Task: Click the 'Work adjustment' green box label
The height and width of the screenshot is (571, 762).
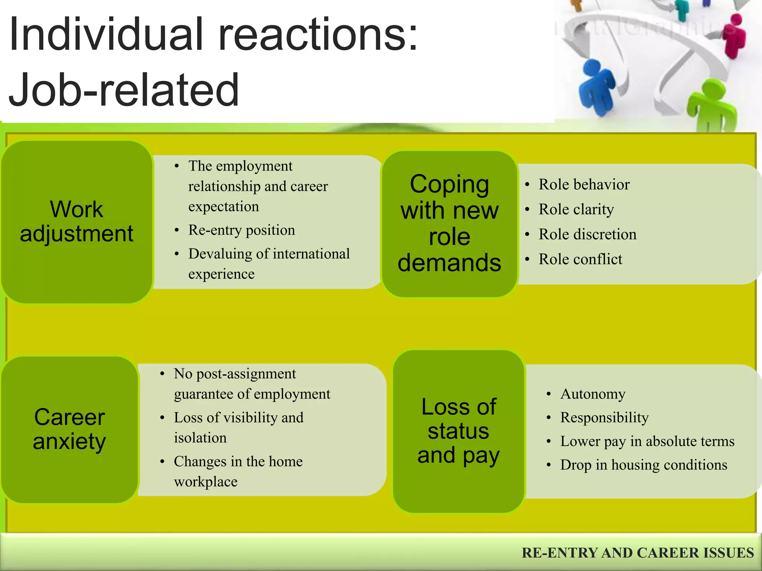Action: click(x=76, y=221)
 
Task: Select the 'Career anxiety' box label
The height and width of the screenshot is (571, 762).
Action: click(x=69, y=429)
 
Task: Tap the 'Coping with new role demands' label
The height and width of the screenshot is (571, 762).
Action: click(x=449, y=223)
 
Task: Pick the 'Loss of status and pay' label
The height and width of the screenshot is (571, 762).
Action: click(x=458, y=431)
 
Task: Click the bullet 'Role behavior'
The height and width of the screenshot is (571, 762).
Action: click(x=584, y=185)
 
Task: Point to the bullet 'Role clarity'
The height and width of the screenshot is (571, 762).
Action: click(x=576, y=210)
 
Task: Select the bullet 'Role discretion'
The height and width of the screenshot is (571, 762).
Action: click(x=587, y=235)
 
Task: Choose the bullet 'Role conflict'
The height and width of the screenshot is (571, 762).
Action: click(x=580, y=259)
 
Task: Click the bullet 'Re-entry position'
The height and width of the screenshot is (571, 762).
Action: click(x=241, y=230)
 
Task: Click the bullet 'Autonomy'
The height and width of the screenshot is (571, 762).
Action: click(x=593, y=394)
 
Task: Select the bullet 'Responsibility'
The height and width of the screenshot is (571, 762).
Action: click(x=604, y=418)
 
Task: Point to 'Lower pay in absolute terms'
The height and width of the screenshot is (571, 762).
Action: click(x=647, y=442)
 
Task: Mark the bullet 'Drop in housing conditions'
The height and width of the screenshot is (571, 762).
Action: click(x=643, y=465)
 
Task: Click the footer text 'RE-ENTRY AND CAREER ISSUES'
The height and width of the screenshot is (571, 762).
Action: click(x=637, y=553)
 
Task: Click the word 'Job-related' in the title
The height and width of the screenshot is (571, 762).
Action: click(x=124, y=90)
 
